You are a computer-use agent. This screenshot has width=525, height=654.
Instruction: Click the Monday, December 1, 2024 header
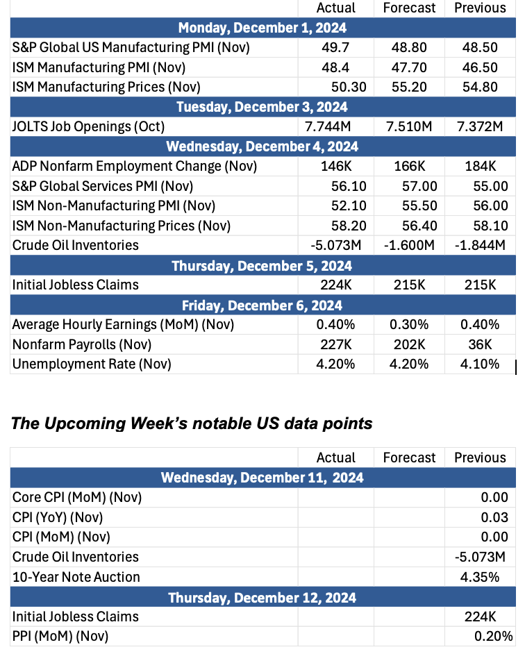tap(262, 28)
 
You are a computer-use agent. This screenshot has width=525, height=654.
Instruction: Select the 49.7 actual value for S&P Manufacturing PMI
tap(335, 47)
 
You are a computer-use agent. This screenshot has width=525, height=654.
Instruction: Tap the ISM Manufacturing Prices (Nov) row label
tap(106, 87)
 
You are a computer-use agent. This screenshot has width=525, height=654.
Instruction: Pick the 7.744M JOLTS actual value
tap(328, 126)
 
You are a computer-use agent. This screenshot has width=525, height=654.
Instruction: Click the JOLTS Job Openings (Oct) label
tap(88, 127)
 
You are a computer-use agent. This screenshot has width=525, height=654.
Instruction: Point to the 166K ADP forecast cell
tap(410, 167)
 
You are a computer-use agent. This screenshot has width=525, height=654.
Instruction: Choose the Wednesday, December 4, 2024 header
tap(262, 146)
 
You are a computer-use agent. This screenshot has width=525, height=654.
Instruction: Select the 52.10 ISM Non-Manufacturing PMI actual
tap(349, 206)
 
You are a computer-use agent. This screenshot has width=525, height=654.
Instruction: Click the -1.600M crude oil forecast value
tap(409, 245)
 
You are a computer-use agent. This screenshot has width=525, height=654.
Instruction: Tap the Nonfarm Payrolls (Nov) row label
tap(82, 345)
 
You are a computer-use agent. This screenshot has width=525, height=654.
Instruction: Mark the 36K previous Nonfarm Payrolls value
tap(480, 345)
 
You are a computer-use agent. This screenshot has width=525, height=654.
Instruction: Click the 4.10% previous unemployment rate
tap(480, 364)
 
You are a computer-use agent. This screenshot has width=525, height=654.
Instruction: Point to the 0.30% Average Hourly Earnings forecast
tap(409, 324)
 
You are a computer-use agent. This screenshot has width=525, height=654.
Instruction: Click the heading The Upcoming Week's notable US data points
tap(192, 424)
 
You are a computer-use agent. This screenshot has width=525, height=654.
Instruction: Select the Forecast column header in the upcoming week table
tap(409, 458)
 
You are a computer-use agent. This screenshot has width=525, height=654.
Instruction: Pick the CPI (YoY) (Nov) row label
tap(58, 518)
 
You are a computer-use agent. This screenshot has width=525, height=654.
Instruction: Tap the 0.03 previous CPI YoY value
tap(494, 518)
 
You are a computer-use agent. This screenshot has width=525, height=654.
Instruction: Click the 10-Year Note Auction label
tap(76, 577)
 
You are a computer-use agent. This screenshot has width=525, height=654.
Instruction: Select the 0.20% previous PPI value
tap(493, 637)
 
